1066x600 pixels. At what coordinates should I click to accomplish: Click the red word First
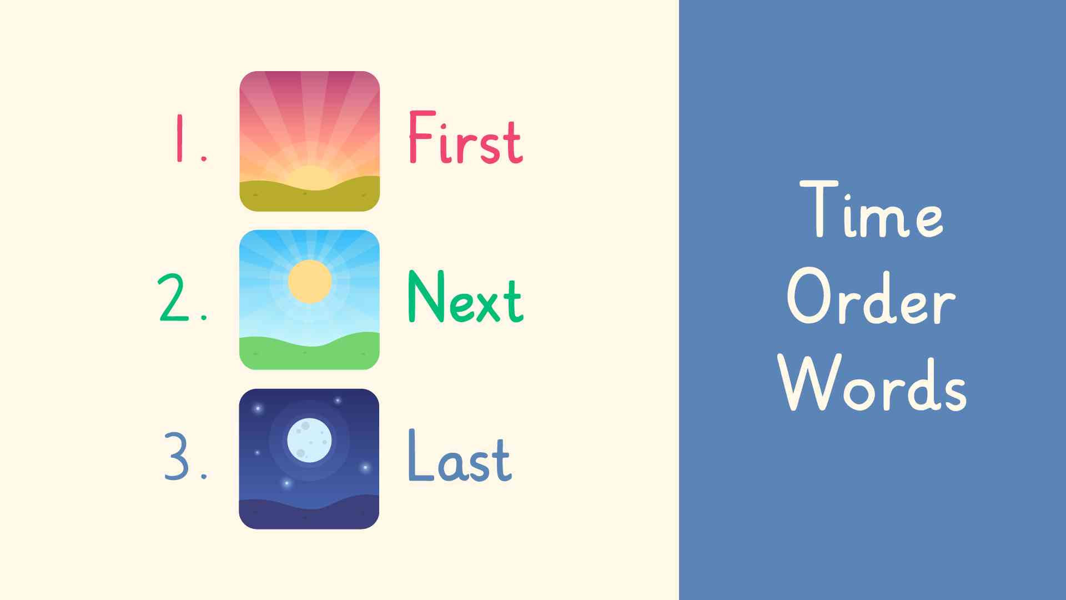465,137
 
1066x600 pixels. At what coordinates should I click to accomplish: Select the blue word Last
460,456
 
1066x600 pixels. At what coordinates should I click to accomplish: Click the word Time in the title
871,209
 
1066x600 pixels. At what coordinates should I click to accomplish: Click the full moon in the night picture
309,441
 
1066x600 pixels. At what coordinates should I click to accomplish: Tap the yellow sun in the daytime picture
310,282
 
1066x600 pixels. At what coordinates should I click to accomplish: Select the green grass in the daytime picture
309,353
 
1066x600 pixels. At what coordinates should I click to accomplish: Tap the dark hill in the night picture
309,514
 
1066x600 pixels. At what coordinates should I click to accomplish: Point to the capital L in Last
420,455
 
